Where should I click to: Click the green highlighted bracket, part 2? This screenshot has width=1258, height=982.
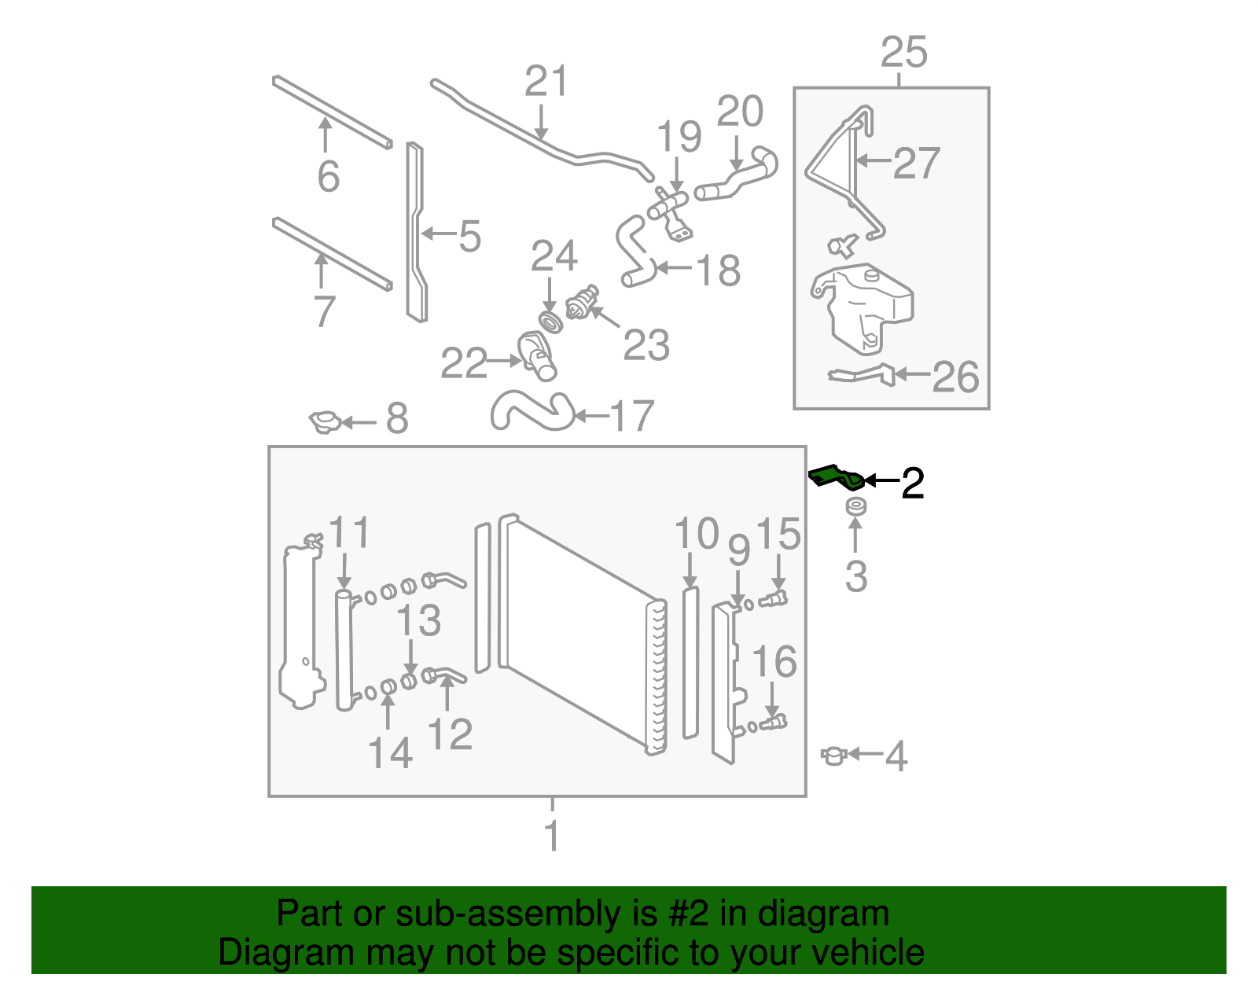tap(836, 476)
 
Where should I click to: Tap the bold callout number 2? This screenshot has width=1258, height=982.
tap(913, 482)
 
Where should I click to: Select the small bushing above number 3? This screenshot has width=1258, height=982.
tap(855, 506)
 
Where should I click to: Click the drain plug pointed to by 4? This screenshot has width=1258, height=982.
tap(833, 756)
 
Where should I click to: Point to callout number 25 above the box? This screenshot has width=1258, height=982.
tap(904, 53)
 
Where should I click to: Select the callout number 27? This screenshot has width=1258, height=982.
tap(916, 163)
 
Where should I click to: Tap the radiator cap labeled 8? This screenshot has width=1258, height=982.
tap(324, 422)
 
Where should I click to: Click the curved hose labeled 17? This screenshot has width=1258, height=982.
tap(532, 410)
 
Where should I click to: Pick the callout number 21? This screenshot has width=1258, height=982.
tap(546, 81)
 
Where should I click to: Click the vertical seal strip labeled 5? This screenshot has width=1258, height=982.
tap(416, 233)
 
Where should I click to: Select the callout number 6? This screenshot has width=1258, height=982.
tap(329, 176)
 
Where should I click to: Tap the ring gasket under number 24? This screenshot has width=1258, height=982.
tap(550, 322)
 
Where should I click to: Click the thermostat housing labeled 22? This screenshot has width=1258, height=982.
tap(537, 355)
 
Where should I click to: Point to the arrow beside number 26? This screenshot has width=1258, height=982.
tap(912, 374)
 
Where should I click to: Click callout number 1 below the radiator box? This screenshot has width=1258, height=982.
tap(552, 835)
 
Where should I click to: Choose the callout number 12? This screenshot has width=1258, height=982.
tap(450, 734)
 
